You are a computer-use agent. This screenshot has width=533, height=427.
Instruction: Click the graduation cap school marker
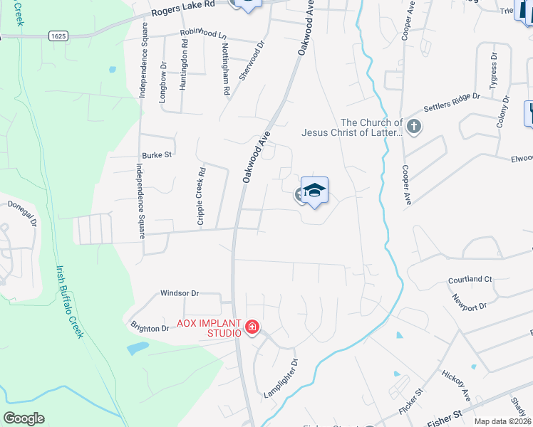314,191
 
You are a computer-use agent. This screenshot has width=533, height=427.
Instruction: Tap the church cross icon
414,127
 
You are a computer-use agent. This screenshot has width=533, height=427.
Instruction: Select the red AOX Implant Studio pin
252,327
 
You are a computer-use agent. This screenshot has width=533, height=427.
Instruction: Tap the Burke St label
157,154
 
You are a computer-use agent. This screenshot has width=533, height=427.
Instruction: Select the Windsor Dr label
180,292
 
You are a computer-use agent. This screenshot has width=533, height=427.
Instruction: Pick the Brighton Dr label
150,328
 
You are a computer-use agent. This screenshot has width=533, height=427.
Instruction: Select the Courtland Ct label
470,280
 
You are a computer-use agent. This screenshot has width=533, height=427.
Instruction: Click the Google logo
24,418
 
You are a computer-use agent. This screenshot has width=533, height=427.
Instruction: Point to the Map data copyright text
503,421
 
